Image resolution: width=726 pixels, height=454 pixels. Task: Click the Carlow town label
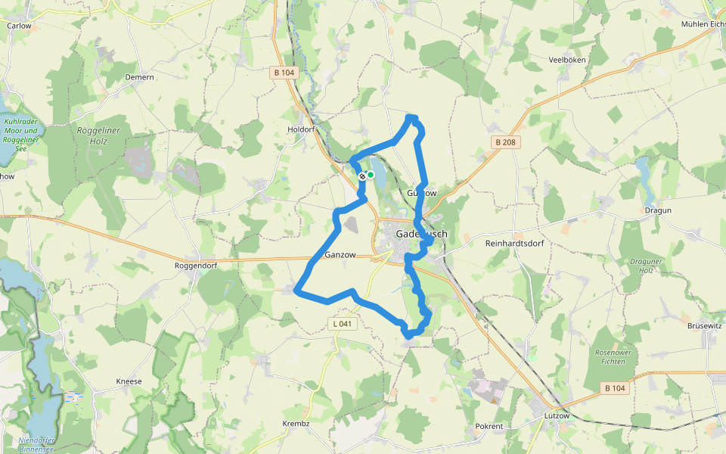coord(19,25)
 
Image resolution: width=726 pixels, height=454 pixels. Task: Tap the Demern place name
coord(140,77)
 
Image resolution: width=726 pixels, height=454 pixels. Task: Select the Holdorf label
coord(301,129)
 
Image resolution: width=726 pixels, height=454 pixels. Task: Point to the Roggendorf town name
coord(196,266)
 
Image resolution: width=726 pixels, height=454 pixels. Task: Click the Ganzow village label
coord(340,255)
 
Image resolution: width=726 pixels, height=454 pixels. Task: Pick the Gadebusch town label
coord(421,235)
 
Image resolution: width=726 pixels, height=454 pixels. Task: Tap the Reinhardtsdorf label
coord(514,244)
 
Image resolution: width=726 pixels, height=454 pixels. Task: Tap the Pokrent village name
coord(489,426)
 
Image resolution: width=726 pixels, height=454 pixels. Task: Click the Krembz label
coord(296,423)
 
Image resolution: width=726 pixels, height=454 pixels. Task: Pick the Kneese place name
coord(129,381)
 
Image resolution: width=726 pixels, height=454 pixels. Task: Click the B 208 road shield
coord(506,142)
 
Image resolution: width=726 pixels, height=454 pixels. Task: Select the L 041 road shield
coord(343,323)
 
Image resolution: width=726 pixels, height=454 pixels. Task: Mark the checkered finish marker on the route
coord(362,176)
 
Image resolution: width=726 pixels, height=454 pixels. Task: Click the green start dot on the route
coord(371,175)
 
